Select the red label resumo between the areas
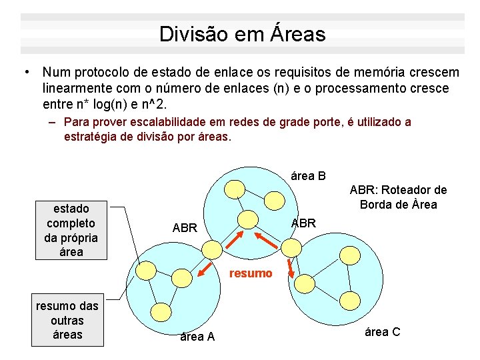[x=251, y=273]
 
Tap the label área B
[x=309, y=176]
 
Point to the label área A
[x=197, y=337]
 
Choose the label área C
[x=383, y=331]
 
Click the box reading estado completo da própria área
[x=71, y=230]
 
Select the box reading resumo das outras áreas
[x=67, y=320]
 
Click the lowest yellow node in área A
[x=159, y=311]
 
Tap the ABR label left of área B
[x=185, y=228]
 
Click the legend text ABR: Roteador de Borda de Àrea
[x=398, y=197]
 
